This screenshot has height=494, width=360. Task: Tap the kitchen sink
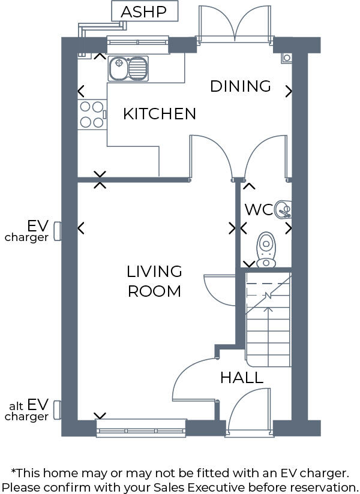pyautogui.click(x=128, y=68)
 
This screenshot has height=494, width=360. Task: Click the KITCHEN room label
pyautogui.click(x=160, y=114)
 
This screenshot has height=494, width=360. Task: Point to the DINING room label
pyautogui.click(x=241, y=86)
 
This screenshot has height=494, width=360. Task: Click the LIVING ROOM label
pyautogui.click(x=154, y=281)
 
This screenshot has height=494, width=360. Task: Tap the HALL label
pyautogui.click(x=241, y=378)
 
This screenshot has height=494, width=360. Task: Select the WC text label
pyautogui.click(x=259, y=210)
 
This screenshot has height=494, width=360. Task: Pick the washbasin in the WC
pyautogui.click(x=283, y=209)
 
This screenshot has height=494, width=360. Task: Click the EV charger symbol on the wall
pyautogui.click(x=58, y=230)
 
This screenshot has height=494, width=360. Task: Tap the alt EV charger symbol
pyautogui.click(x=58, y=410)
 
